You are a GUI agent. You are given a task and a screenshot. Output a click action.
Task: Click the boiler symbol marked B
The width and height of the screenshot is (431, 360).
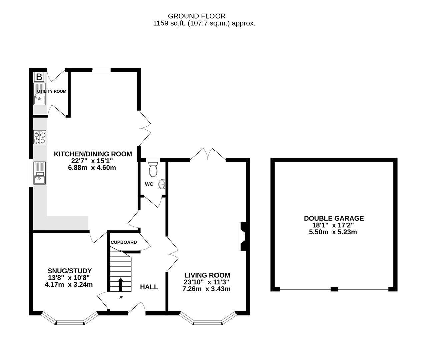click(39, 77)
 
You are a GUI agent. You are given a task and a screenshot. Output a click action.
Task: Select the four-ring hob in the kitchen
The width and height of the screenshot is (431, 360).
click(40, 138)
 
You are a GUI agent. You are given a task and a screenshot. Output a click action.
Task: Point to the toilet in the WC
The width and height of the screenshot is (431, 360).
click(153, 169)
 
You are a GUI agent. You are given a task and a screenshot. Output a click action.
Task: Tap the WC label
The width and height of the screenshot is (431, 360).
click(149, 184)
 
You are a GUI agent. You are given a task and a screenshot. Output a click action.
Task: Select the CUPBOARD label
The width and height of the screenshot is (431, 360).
click(124, 242)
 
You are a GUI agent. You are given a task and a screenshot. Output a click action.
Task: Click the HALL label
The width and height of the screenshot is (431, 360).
click(149, 287)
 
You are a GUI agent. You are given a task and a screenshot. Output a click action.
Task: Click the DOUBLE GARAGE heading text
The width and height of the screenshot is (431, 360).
click(334, 218)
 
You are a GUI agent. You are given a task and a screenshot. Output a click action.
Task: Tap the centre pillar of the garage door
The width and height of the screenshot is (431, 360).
click(334, 289)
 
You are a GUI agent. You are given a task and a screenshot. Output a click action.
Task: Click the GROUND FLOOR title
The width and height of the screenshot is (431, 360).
click(196, 16)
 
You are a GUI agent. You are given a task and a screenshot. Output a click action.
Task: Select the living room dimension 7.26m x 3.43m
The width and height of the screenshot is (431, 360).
click(206, 289)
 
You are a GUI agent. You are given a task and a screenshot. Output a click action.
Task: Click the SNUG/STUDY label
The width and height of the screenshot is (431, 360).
click(70, 271)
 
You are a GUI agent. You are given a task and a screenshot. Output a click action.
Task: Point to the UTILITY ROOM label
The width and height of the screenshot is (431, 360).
click(52, 91)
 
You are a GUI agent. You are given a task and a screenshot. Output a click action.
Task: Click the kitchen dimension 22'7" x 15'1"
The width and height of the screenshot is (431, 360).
click(92, 161)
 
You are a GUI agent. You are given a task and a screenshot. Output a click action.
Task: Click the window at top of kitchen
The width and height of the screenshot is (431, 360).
click(101, 70)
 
